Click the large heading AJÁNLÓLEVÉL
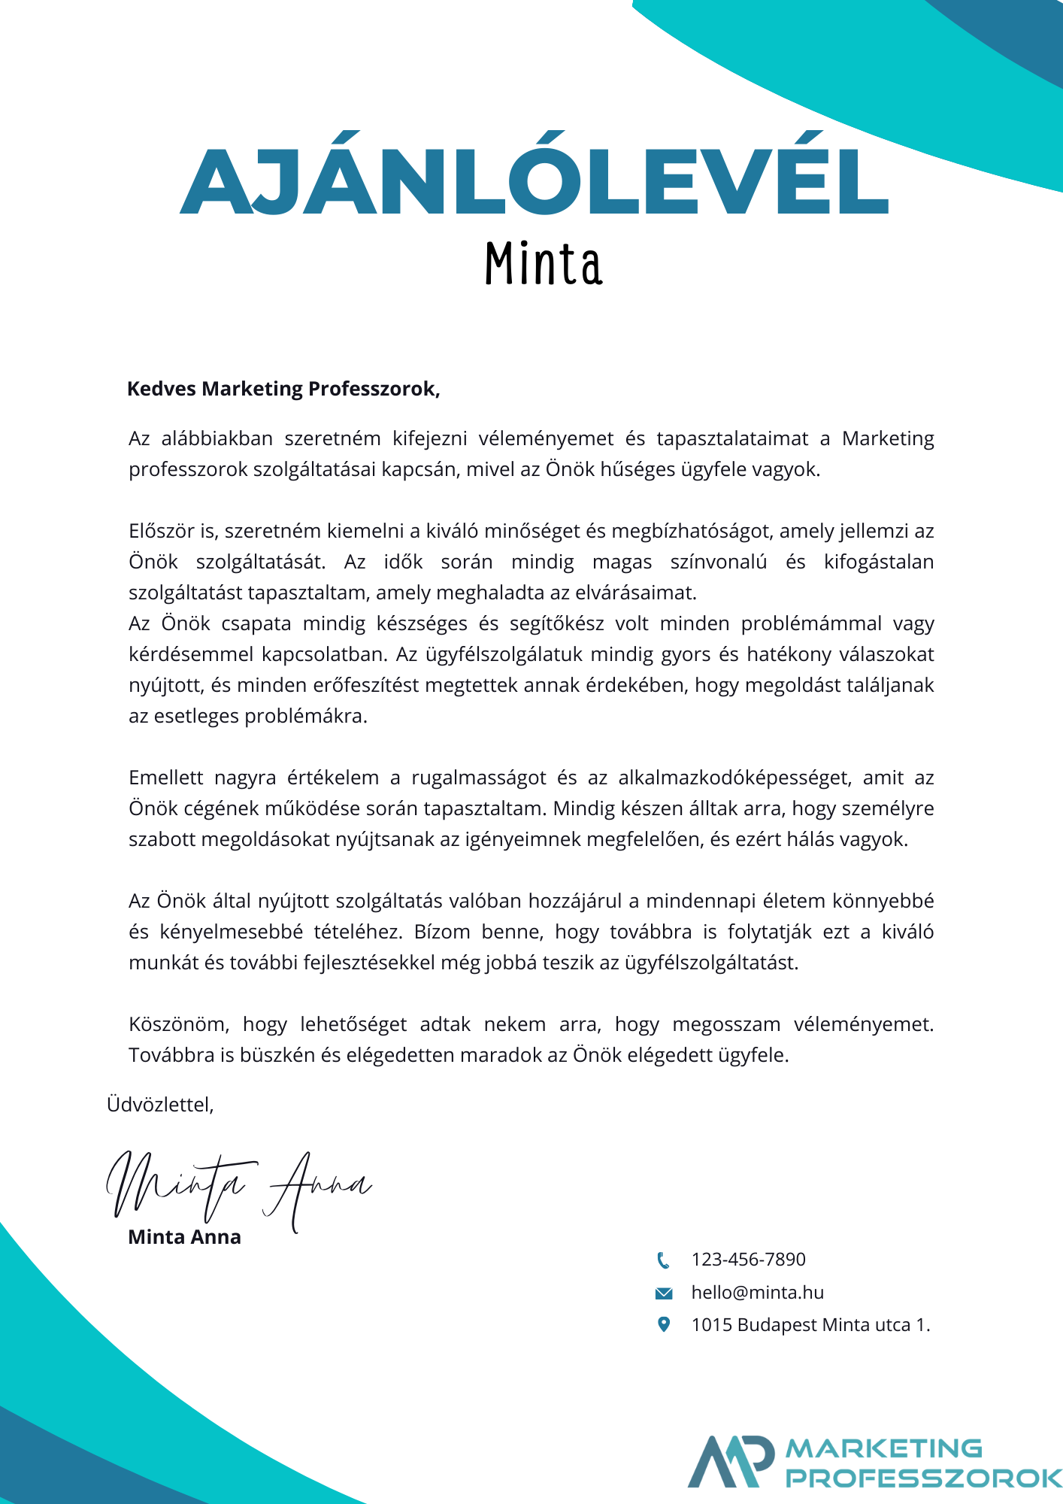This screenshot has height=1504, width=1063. (x=534, y=180)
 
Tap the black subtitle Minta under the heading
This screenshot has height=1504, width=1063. (x=543, y=265)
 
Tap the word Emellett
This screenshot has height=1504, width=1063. (x=166, y=778)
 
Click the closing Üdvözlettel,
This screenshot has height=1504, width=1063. (x=160, y=1104)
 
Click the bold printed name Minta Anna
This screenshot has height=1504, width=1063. (x=185, y=1237)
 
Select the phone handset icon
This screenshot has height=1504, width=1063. (x=663, y=1260)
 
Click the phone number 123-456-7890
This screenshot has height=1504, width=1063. (x=748, y=1260)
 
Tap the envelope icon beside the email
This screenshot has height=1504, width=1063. (x=664, y=1293)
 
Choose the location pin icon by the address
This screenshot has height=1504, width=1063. (x=664, y=1324)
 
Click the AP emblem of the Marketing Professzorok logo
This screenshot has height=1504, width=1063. (x=731, y=1460)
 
